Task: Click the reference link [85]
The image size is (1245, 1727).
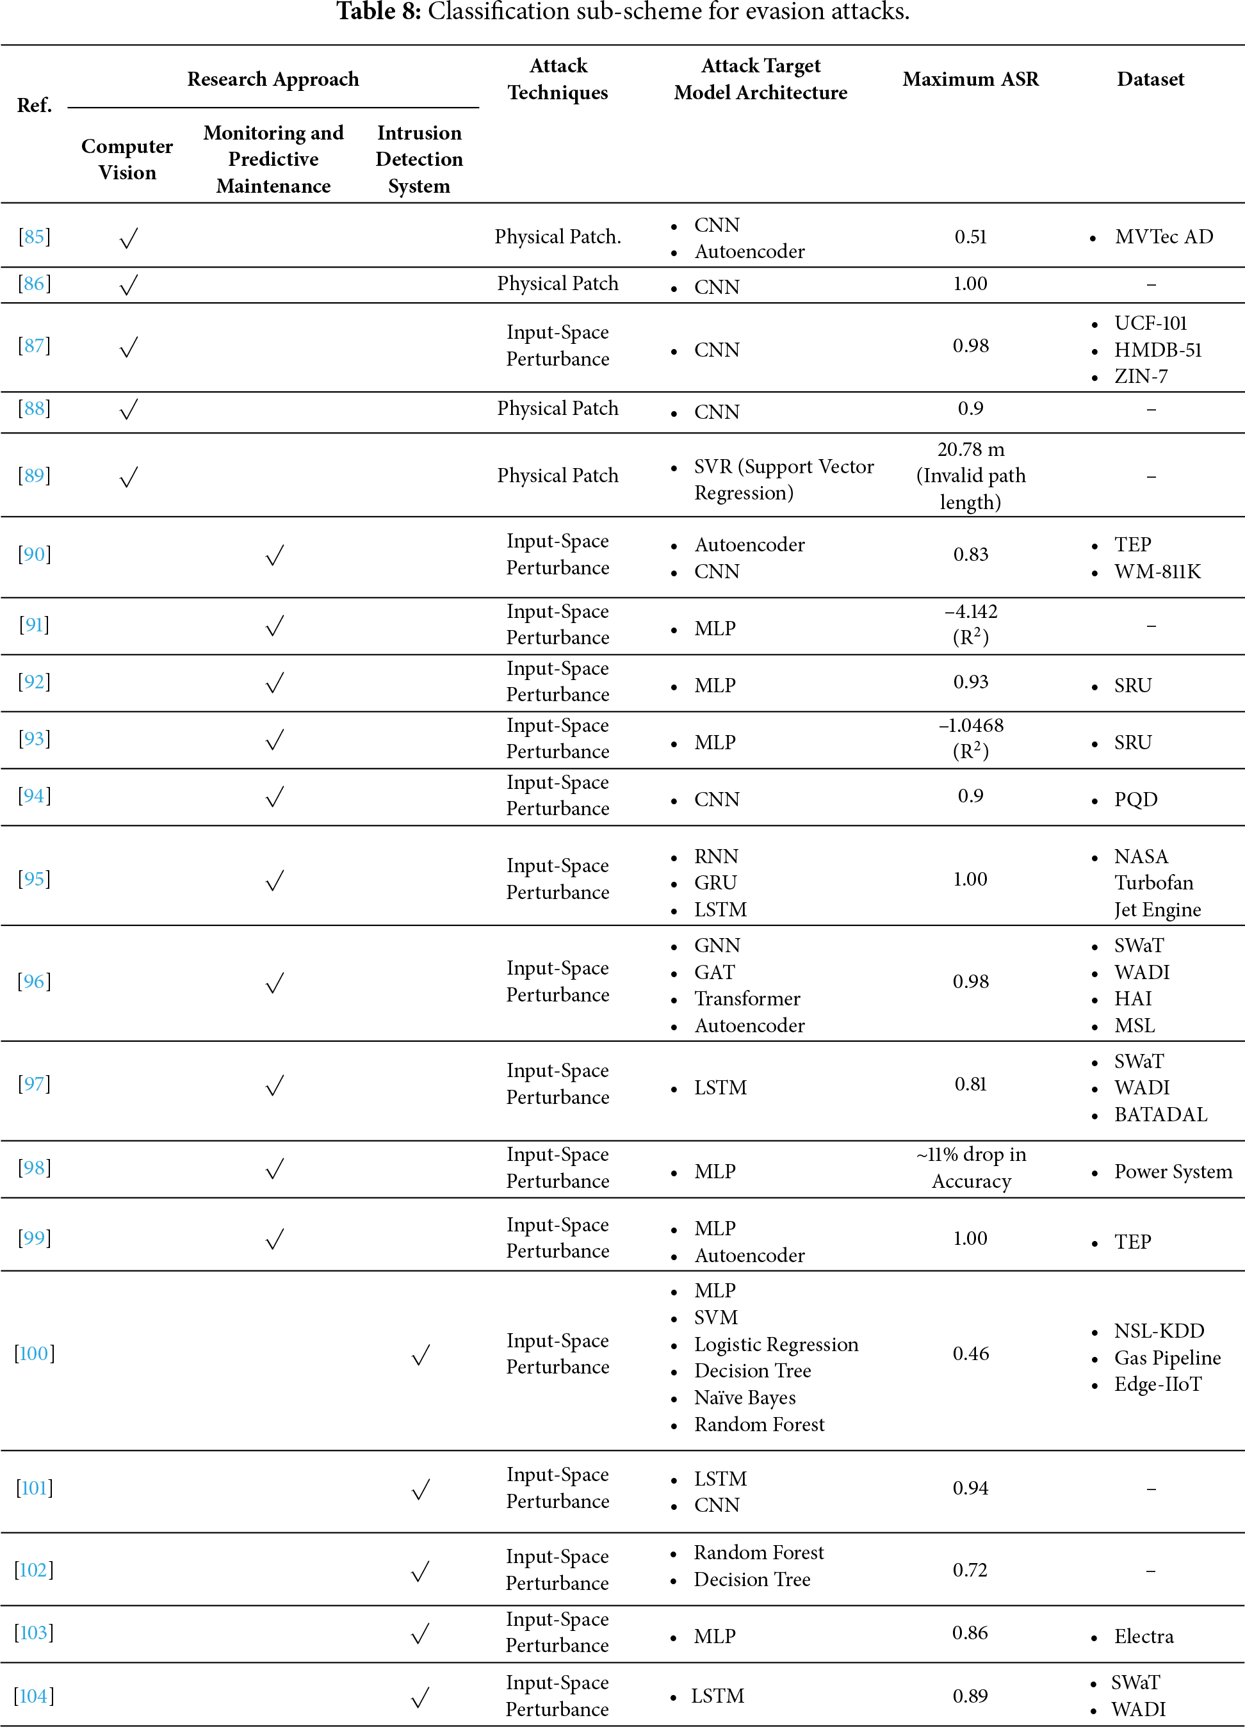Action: click(35, 237)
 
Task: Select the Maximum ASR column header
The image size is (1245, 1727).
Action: click(970, 79)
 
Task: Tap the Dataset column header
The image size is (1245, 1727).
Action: click(1150, 79)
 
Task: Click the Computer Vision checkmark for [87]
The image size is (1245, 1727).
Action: click(129, 347)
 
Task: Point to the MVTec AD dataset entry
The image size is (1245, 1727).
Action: click(1163, 237)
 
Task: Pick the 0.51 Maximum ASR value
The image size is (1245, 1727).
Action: click(970, 237)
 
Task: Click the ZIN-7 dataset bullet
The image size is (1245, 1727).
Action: click(1141, 376)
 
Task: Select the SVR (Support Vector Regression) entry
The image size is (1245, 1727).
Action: click(783, 480)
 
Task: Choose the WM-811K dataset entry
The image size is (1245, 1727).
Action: click(1157, 572)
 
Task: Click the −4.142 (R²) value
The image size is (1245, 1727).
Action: click(970, 624)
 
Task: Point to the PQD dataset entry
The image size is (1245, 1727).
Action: click(1135, 800)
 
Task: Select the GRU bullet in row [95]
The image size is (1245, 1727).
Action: click(715, 882)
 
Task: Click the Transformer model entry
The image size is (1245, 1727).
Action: click(746, 999)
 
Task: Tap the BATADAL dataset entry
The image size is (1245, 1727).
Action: click(1160, 1115)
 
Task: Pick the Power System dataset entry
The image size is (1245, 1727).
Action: click(1173, 1172)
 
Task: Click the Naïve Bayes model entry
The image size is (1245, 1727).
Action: click(744, 1398)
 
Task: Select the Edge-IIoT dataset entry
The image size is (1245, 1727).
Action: click(1157, 1384)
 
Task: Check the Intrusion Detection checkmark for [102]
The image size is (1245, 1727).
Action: click(420, 1571)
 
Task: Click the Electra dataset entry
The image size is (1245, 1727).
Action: click(1143, 1636)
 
